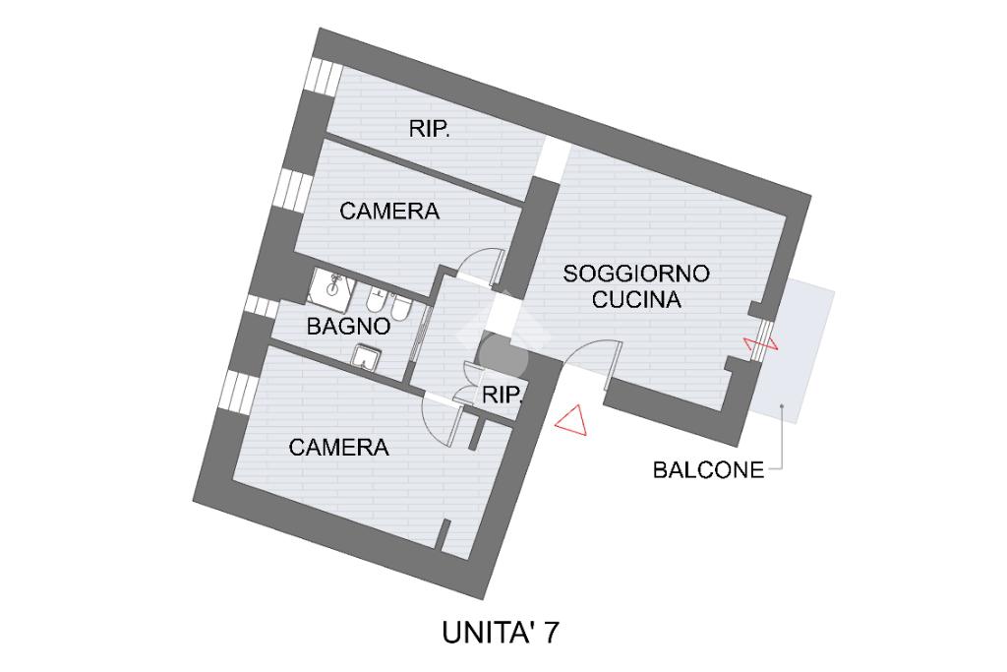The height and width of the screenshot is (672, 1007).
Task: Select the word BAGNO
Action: click(x=349, y=327)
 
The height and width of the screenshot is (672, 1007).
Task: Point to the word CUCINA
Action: click(x=636, y=300)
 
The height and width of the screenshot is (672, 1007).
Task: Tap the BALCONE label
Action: click(x=708, y=470)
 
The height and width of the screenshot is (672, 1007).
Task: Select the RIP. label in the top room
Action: click(x=430, y=129)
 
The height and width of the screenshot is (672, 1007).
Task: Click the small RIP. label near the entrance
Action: click(x=502, y=396)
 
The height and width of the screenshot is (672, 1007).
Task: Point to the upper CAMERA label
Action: click(x=389, y=212)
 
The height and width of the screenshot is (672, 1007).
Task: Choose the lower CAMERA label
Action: click(x=339, y=448)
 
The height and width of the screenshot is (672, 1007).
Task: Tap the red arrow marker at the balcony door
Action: click(x=760, y=343)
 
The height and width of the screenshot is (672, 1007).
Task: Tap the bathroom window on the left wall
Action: click(x=261, y=307)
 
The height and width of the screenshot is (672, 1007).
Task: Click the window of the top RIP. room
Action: click(x=320, y=75)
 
